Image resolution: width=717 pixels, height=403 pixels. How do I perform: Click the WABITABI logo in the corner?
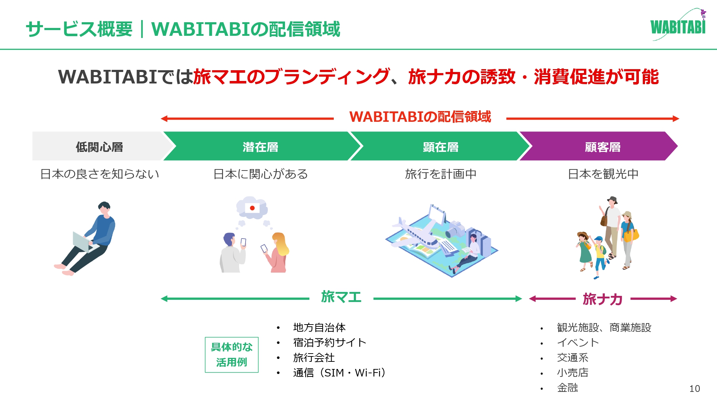(x=678, y=25)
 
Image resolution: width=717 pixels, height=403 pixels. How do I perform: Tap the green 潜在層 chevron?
(x=261, y=146)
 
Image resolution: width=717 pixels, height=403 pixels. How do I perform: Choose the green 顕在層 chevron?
(x=440, y=146)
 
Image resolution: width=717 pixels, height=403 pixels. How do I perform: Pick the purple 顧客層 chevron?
(x=602, y=146)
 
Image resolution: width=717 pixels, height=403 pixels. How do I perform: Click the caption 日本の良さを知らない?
(x=100, y=174)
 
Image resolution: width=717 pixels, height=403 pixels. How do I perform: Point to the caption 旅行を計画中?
(x=441, y=174)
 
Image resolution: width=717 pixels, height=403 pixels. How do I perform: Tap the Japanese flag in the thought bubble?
(x=252, y=208)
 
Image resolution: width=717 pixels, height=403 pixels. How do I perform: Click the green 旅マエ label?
(x=341, y=297)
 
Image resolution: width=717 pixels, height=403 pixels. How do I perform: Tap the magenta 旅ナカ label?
(x=603, y=299)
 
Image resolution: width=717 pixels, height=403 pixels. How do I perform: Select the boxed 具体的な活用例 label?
(x=232, y=355)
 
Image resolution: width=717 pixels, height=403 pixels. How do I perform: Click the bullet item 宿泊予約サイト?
(x=329, y=342)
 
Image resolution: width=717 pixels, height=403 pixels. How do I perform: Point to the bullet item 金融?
(x=568, y=388)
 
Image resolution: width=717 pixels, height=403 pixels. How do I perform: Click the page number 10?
(x=694, y=389)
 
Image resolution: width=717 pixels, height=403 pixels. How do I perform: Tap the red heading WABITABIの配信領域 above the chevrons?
(x=420, y=117)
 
